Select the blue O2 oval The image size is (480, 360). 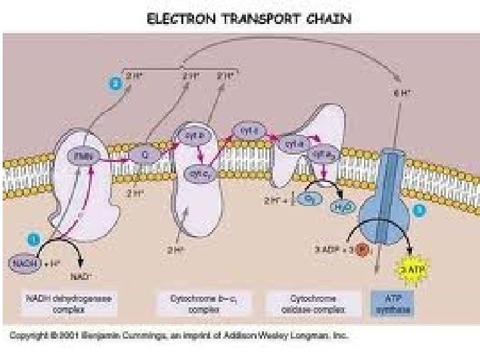(x=309, y=199)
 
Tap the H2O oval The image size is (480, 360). (x=341, y=207)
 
